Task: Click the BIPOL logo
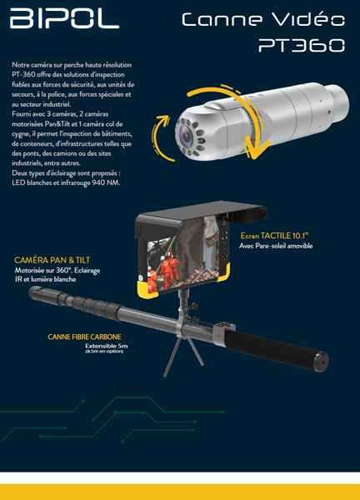point(64,18)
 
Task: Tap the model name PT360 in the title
point(302,45)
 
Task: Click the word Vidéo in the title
point(308,19)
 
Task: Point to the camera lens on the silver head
point(185,136)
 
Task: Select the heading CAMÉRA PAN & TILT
point(52,260)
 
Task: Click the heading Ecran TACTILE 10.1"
point(274,236)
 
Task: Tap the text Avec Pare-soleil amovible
point(276,246)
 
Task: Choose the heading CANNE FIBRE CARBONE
point(84,337)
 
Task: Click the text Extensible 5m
point(106,346)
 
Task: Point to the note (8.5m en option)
point(104,351)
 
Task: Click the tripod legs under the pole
point(183,356)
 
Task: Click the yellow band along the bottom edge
point(180,492)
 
